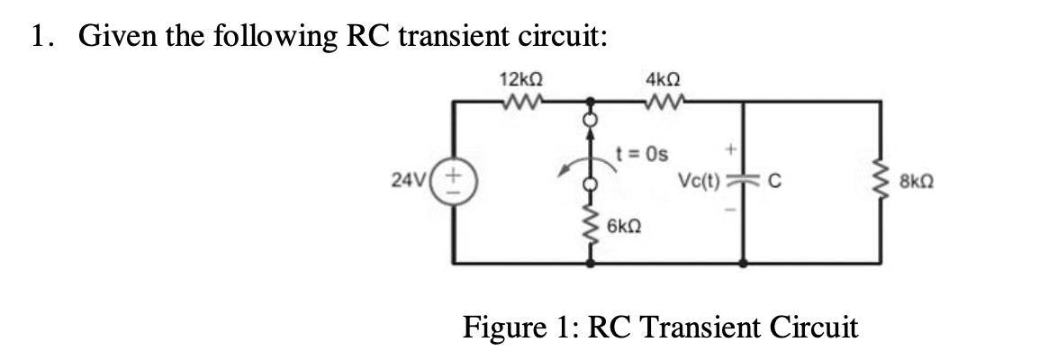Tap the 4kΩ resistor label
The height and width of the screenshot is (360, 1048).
(x=662, y=79)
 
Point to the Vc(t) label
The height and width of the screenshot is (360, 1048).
(x=703, y=177)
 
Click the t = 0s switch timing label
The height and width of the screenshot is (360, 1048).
(x=641, y=152)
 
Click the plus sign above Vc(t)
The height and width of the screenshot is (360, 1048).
(x=734, y=145)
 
